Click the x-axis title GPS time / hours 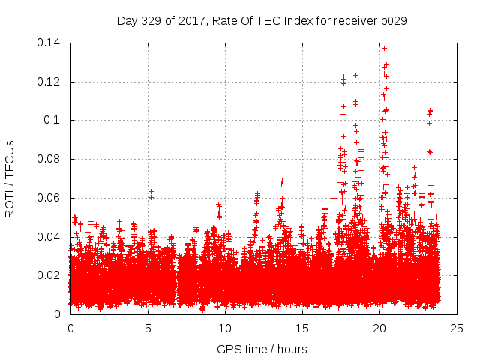(x=262, y=349)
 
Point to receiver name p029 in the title (x=391, y=21)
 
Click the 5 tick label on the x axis (x=148, y=328)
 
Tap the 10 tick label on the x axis (x=225, y=328)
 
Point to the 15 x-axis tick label (x=302, y=328)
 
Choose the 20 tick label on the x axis (x=380, y=328)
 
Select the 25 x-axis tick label (x=457, y=328)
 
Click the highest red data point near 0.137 (x=385, y=48)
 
